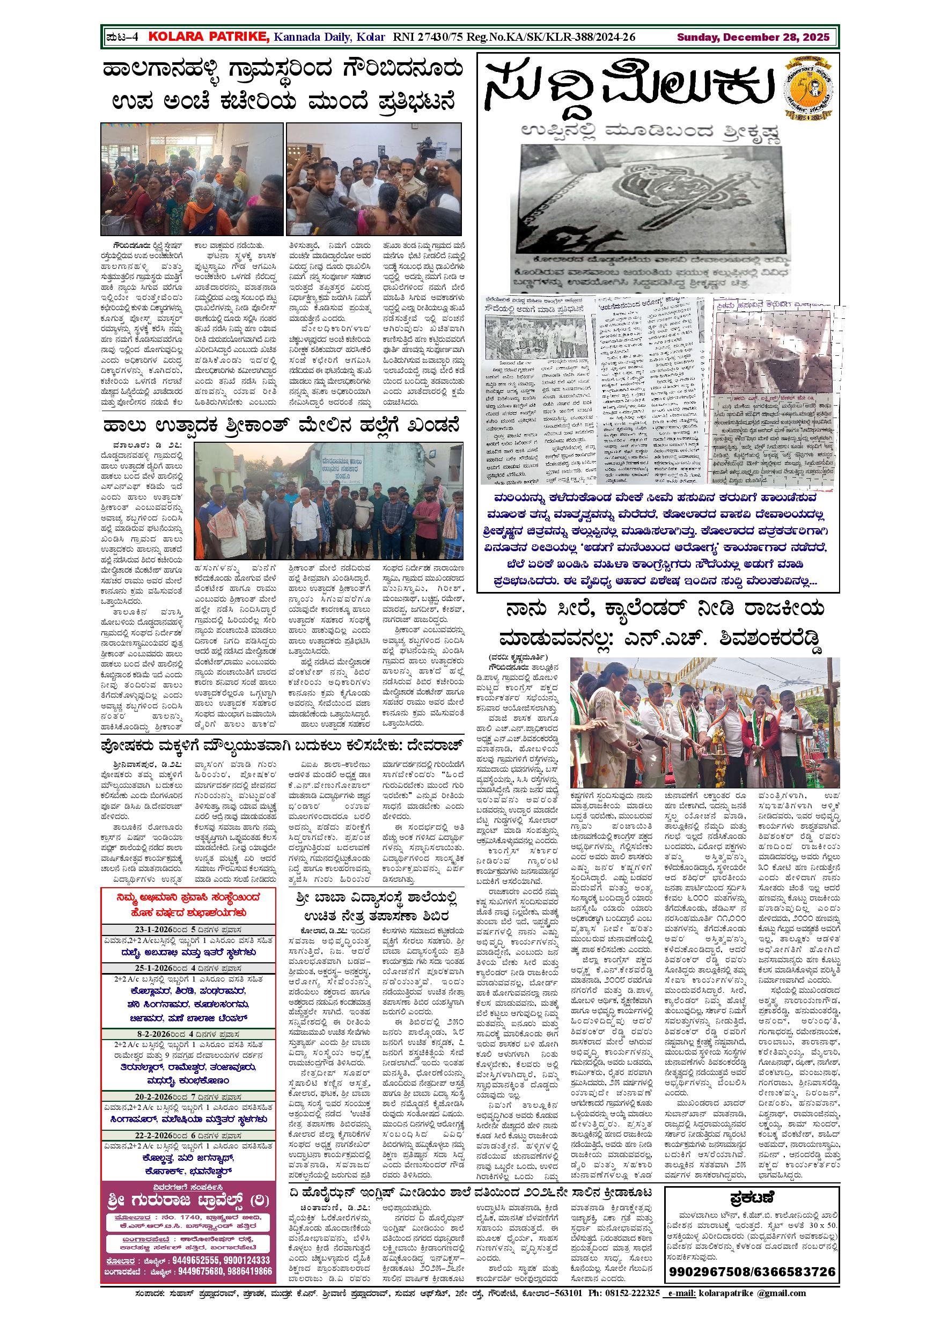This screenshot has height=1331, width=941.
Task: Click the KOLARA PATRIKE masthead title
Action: coord(209,37)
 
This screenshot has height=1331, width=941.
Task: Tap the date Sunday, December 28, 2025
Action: coord(753,37)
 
